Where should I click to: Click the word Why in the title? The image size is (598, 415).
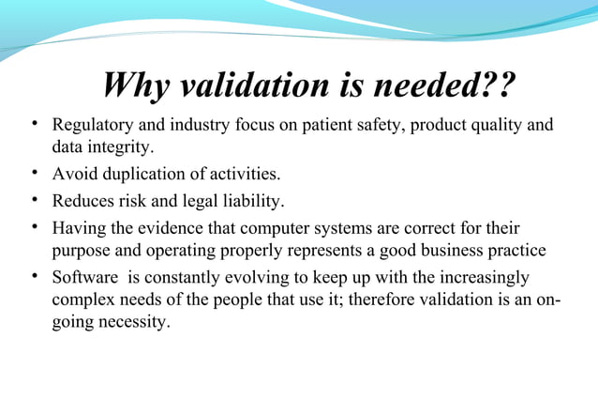[x=136, y=87]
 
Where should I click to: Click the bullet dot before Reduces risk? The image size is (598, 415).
[x=34, y=200]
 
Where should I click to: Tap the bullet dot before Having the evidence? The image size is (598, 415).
[x=34, y=227]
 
